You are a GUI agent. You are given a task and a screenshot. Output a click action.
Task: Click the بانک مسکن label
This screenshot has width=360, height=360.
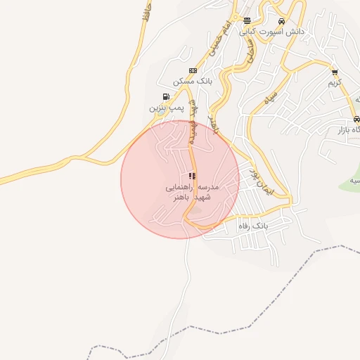point(194,82)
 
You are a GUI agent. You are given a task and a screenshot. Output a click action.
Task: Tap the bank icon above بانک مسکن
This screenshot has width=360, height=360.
point(193,70)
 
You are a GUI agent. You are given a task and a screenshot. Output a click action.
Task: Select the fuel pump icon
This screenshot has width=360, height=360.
point(165,96)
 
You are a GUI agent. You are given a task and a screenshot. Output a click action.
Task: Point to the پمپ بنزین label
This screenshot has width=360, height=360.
point(166,108)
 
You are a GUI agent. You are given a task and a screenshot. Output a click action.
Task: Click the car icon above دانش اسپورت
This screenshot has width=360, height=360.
point(281,21)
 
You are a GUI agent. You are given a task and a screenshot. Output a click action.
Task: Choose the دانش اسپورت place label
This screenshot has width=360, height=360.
point(281,32)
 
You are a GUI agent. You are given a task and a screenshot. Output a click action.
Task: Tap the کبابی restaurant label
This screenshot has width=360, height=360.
point(248,32)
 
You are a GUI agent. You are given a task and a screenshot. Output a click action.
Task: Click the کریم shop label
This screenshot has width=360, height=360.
point(335,83)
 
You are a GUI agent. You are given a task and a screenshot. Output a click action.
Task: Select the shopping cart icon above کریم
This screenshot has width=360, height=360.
point(335,71)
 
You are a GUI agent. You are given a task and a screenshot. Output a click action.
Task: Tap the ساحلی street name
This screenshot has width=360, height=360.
point(250,49)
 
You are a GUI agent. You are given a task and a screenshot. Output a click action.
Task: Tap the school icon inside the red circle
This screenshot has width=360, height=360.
point(192,176)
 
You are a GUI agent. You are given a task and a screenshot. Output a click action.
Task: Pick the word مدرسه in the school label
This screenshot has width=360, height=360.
point(209,188)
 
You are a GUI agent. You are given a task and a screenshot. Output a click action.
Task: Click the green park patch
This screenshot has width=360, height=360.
point(352,181)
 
